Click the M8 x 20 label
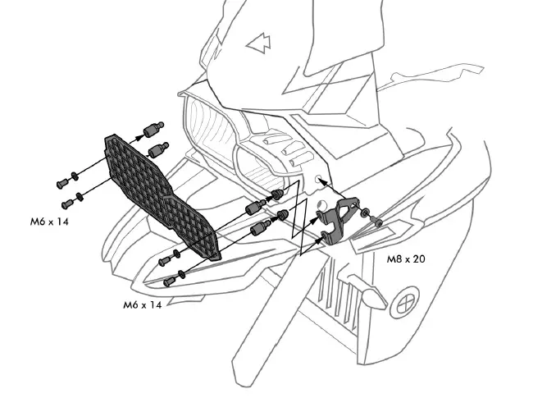406,258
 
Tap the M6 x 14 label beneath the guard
142,304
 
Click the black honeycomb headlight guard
161,194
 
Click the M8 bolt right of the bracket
375,221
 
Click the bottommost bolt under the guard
169,281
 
